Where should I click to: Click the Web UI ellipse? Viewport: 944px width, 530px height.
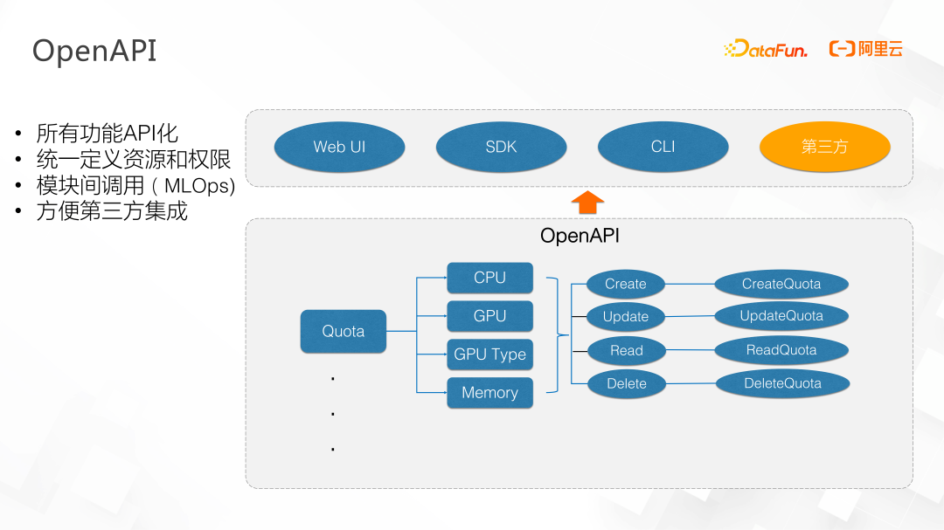(x=339, y=147)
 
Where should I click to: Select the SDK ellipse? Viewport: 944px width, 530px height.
(x=501, y=147)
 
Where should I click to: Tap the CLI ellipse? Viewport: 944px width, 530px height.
(x=663, y=147)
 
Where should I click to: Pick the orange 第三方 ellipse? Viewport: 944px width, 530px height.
(x=825, y=147)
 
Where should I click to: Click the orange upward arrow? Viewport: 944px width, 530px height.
(x=587, y=203)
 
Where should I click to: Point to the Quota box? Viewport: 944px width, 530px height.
(x=344, y=332)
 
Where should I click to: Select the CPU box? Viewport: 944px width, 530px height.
(x=490, y=278)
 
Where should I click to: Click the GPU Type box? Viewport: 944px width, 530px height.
(x=490, y=354)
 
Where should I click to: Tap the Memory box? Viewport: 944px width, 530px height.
(x=490, y=393)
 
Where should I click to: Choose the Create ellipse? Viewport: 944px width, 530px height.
(x=626, y=284)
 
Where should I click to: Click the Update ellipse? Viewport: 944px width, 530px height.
(x=626, y=316)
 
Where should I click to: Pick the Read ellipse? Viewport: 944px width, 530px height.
(x=626, y=351)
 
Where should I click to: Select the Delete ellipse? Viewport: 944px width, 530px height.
(x=627, y=384)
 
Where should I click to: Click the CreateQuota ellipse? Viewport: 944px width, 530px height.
(x=781, y=284)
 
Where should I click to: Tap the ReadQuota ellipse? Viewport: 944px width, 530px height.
(x=781, y=350)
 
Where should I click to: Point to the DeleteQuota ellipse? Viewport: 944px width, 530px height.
(x=782, y=384)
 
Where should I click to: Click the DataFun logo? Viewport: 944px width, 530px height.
(x=765, y=49)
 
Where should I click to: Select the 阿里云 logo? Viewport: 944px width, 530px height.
(x=865, y=49)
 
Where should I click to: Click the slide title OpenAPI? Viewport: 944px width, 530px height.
(x=94, y=52)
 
